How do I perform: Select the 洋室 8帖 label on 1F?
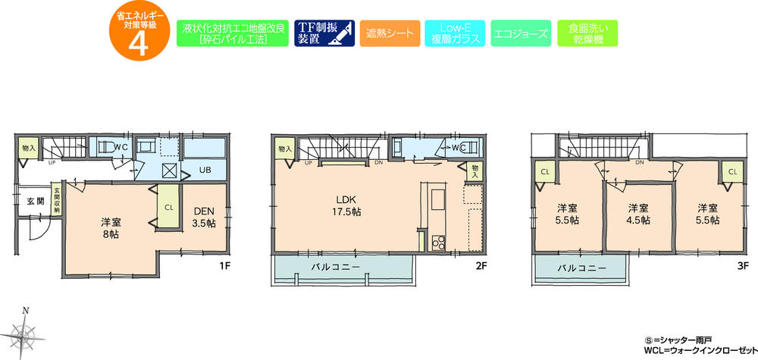point(111,228)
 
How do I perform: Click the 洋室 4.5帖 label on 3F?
point(637,214)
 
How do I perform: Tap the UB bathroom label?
point(205,171)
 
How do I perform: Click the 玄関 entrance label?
point(35,201)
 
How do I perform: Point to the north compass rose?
point(27,330)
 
